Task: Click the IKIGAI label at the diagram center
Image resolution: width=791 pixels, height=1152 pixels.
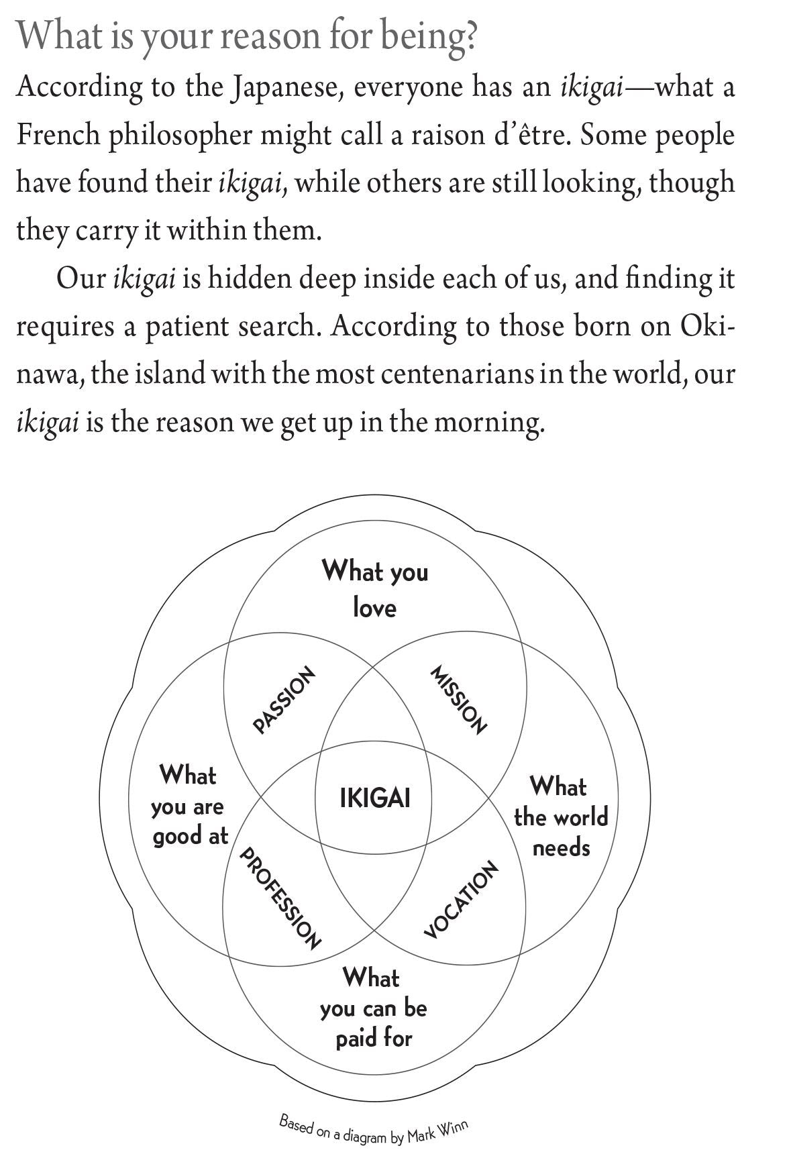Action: (374, 798)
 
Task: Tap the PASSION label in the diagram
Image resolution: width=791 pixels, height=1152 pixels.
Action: (284, 699)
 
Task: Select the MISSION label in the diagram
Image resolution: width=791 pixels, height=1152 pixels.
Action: (458, 700)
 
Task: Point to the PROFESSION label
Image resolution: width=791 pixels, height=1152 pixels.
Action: (280, 898)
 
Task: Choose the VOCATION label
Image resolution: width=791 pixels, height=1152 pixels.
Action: (462, 899)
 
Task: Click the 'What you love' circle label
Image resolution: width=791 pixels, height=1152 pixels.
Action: (374, 589)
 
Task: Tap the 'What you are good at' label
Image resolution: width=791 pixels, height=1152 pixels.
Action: (189, 805)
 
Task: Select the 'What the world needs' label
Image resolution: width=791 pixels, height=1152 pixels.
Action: (560, 817)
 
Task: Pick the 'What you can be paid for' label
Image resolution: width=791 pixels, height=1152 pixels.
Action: (373, 1008)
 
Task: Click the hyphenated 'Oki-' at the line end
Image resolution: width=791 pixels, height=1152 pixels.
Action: (707, 325)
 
